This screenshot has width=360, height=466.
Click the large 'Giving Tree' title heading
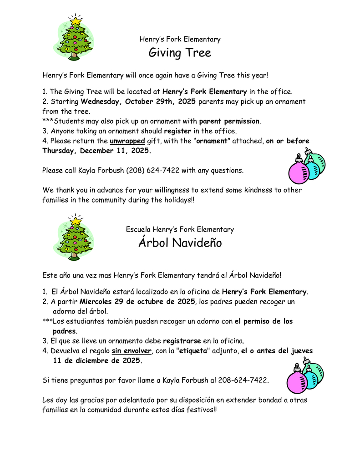[x=180, y=53]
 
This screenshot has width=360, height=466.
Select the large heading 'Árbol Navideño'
[x=180, y=243]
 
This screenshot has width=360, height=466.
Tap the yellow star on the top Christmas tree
[x=76, y=21]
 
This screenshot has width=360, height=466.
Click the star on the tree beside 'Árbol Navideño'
[x=76, y=221]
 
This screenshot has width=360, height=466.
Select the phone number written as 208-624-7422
[x=243, y=380]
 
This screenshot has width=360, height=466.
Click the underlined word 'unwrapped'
[x=127, y=141]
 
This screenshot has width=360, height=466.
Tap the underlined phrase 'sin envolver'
[x=132, y=351]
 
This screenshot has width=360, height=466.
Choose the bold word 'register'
[x=178, y=131]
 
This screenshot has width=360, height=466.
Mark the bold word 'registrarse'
[x=182, y=340]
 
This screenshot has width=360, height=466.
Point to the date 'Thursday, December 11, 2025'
[x=97, y=151]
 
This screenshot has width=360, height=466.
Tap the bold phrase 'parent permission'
[x=229, y=121]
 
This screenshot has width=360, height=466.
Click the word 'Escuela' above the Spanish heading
[x=138, y=229]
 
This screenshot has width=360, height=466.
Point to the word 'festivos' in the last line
[x=198, y=410]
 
